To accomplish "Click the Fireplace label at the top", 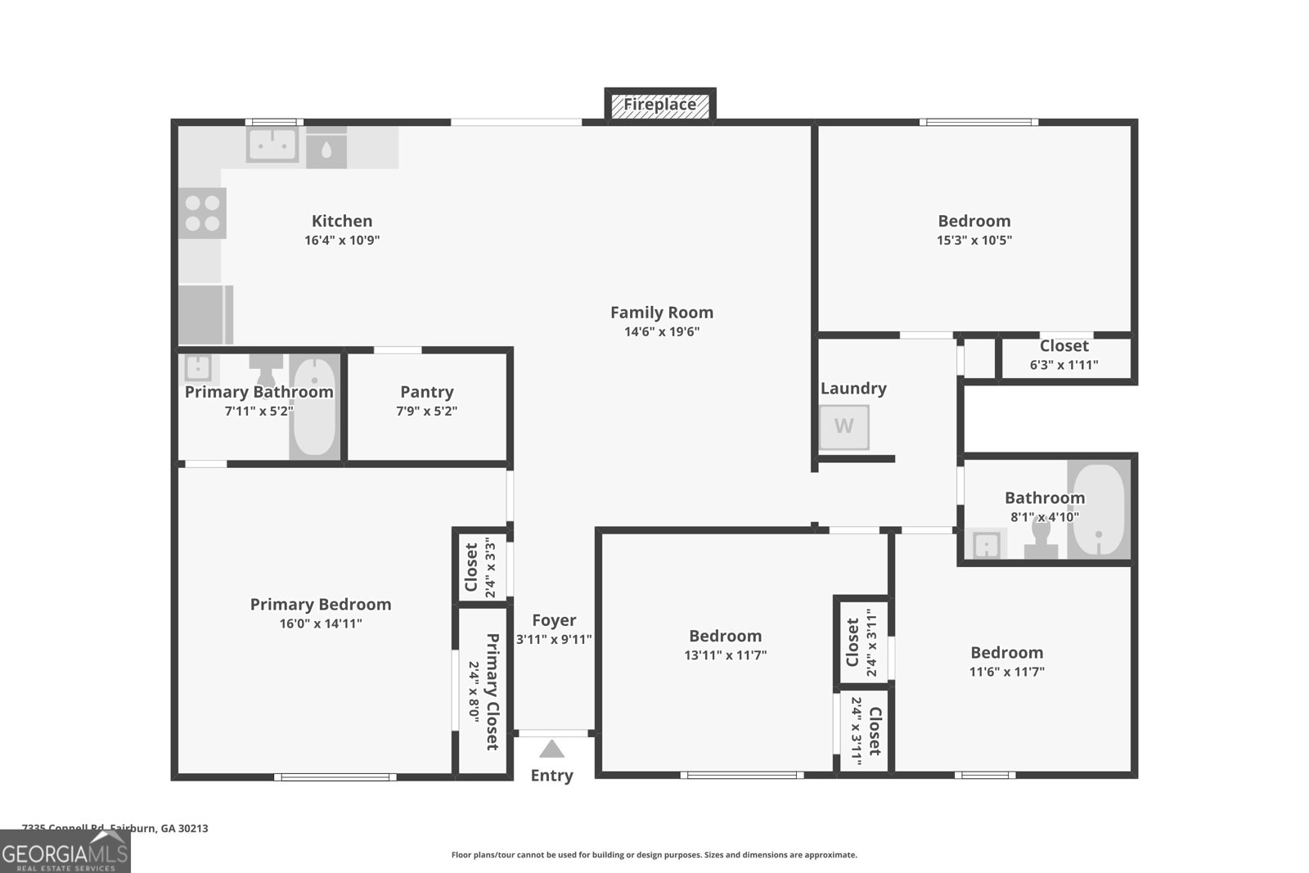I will [659, 105].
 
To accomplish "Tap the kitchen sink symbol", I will [272, 146].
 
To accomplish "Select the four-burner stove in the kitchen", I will [202, 213].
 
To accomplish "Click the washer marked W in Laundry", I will [844, 426].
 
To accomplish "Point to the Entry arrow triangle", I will [552, 749].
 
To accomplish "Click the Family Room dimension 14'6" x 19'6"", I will [661, 331].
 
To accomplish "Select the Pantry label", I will [426, 392].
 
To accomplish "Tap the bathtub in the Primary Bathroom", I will [315, 407].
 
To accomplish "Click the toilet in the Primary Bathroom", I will [265, 369].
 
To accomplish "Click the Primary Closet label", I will [492, 691].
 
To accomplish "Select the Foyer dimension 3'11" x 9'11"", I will [554, 639].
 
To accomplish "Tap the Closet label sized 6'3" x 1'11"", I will [1064, 346].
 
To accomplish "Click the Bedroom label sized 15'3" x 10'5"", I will [974, 221].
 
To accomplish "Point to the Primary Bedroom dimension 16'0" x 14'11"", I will [321, 623].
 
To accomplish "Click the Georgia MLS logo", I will [65, 852].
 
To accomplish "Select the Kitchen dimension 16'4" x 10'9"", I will [342, 241].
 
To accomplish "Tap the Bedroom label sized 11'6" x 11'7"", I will [1006, 652].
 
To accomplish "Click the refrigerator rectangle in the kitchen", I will [205, 315].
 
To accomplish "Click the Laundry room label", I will [853, 389].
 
